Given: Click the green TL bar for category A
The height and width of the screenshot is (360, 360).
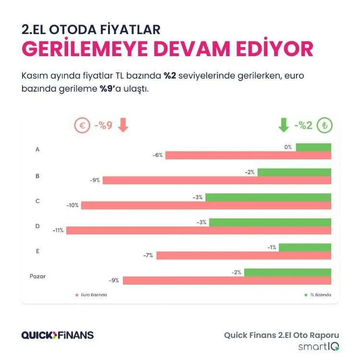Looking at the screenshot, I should [313, 147].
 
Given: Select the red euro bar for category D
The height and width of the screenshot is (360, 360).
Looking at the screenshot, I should [199, 230].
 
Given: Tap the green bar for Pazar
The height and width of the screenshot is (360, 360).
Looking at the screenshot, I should [288, 272].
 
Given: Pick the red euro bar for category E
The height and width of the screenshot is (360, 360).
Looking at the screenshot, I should [244, 255].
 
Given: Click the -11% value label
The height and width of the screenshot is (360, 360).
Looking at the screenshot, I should [58, 230].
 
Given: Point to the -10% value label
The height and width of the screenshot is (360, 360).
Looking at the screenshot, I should [72, 205].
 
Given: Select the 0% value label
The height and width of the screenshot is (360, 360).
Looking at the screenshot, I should [288, 147].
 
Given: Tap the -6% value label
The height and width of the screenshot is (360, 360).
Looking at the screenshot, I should [157, 156].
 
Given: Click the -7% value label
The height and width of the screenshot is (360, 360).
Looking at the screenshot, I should [148, 255].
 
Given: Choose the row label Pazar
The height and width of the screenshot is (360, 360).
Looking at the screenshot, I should [37, 276].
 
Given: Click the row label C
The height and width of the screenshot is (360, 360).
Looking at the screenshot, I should [37, 201].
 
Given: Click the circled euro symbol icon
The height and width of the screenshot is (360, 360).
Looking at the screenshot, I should [82, 126].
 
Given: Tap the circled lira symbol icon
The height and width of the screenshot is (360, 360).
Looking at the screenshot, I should [325, 126].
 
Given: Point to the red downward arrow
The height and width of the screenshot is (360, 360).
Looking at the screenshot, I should [123, 126].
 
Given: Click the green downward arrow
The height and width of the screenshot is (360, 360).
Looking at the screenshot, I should [284, 126].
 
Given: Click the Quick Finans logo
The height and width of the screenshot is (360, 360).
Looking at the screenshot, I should [58, 335].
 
